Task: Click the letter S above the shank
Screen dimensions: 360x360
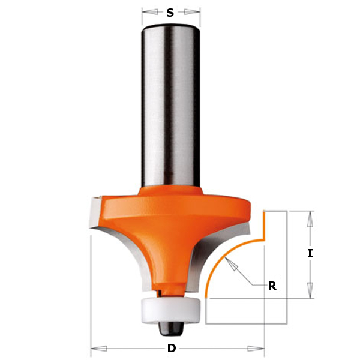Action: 170,13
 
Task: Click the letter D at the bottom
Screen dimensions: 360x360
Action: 172,348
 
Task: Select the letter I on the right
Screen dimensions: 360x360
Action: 310,254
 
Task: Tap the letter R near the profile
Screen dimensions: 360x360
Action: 272,286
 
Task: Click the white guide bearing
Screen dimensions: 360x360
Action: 170,310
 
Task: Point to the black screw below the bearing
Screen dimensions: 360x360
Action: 170,329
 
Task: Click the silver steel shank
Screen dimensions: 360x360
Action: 170,106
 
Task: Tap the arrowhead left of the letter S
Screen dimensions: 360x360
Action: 150,12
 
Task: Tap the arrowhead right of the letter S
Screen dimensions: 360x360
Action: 192,12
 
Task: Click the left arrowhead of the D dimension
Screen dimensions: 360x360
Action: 99,349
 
